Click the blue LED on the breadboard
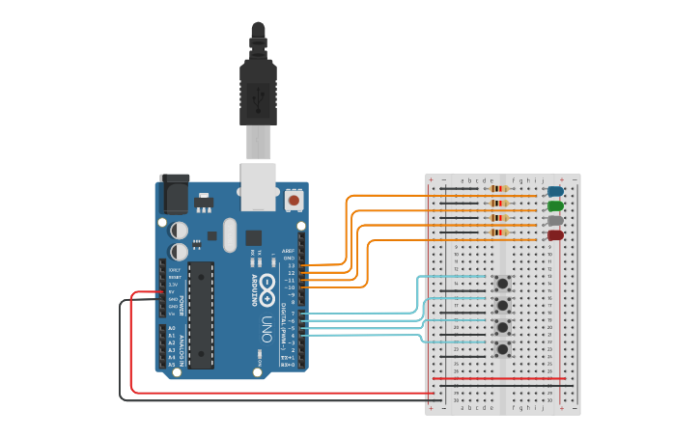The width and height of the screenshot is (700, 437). [555, 191]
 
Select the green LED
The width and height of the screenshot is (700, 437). [555, 205]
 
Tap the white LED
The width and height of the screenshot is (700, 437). [555, 220]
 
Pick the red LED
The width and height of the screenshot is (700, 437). [555, 234]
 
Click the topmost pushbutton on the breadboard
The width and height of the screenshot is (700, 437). [502, 283]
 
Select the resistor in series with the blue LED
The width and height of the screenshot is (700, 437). [498, 189]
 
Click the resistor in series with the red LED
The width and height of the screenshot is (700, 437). [498, 232]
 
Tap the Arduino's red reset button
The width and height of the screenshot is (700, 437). [294, 200]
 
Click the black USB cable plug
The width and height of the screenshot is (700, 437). [258, 92]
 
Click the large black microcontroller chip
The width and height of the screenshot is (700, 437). [201, 314]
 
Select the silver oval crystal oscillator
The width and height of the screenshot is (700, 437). [229, 234]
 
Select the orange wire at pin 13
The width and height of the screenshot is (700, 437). [328, 264]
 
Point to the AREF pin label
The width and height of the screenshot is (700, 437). [288, 251]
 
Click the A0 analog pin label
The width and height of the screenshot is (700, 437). [172, 328]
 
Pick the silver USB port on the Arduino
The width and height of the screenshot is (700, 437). [258, 186]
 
